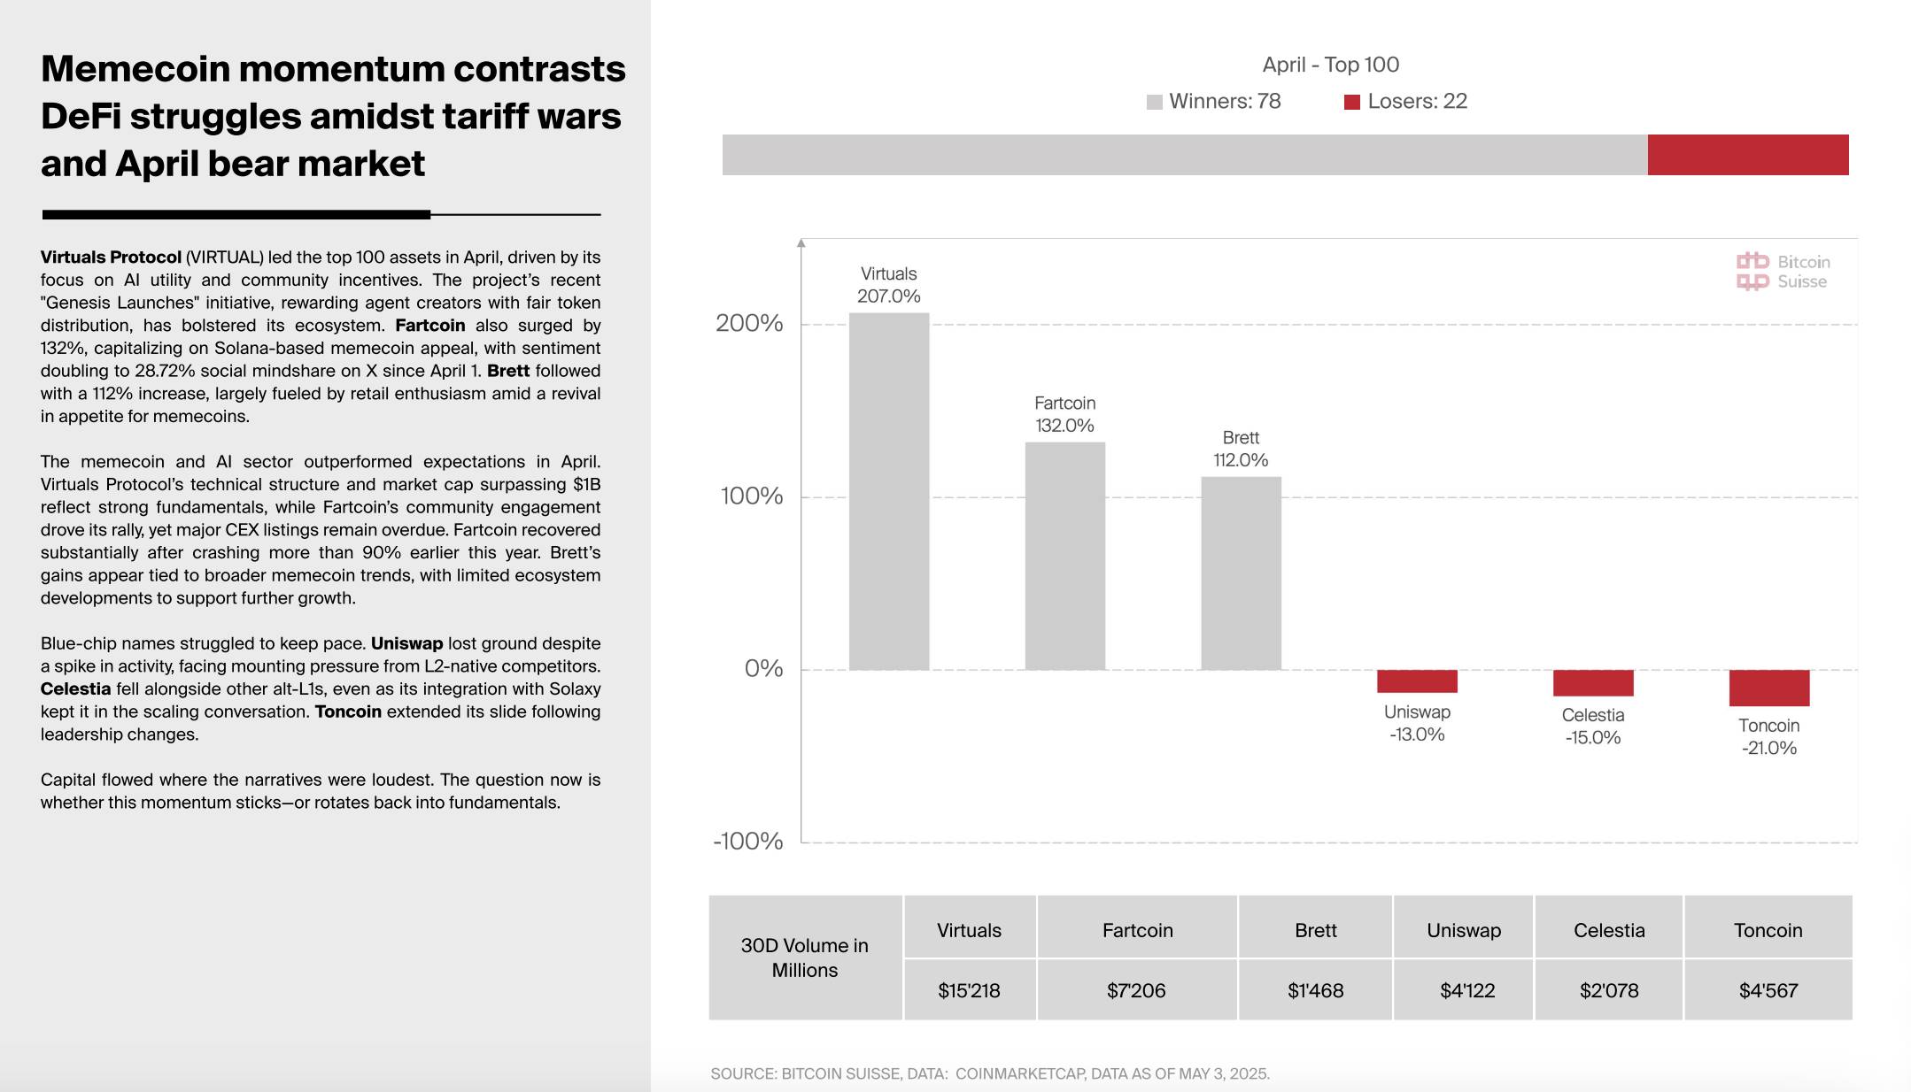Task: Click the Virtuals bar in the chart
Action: tap(888, 491)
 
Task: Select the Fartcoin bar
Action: tap(1064, 556)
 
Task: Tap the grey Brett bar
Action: tap(1241, 573)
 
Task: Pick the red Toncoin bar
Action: tap(1768, 688)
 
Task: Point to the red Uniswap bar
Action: tap(1417, 681)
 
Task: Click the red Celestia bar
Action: tap(1592, 683)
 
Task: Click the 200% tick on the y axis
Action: tap(749, 324)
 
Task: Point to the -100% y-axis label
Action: tap(748, 842)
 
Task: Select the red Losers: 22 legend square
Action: tap(1351, 103)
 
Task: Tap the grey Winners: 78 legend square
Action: tap(1154, 103)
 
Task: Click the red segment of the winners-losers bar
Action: tap(1747, 155)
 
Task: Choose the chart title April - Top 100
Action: tap(1330, 65)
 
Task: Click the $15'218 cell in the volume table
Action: tap(969, 990)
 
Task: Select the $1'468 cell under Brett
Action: tap(1315, 990)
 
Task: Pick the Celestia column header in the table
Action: tap(1608, 930)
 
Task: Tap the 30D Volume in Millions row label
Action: tap(804, 957)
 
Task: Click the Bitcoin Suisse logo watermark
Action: tap(1782, 272)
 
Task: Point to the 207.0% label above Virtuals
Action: tap(888, 296)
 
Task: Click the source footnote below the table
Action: tap(989, 1073)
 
